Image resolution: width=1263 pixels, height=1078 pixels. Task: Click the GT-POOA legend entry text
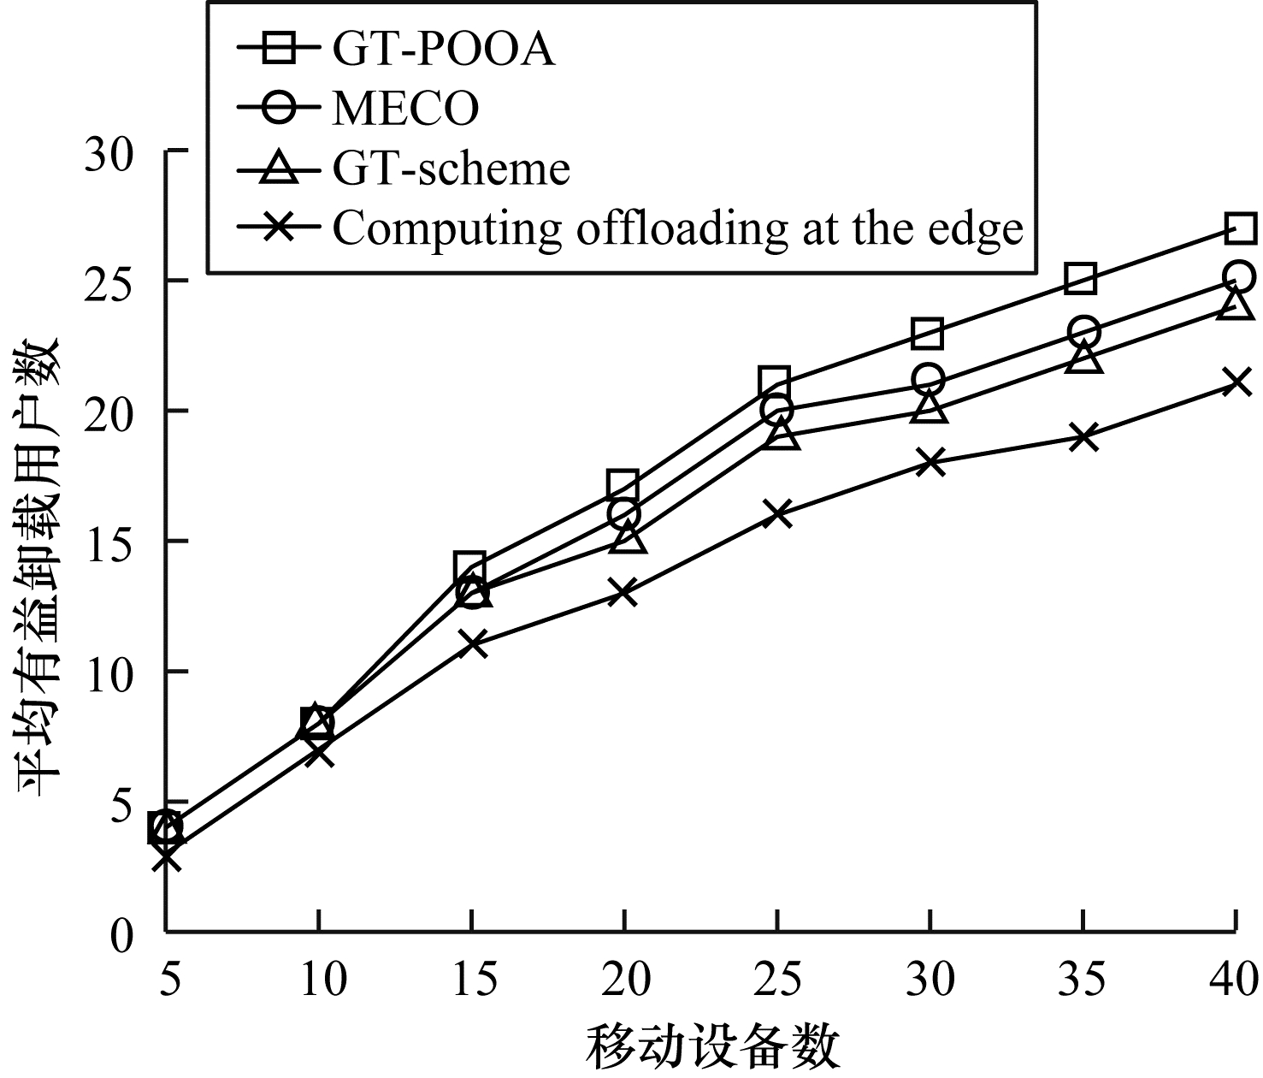coord(443,50)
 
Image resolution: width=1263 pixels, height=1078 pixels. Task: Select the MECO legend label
coord(405,109)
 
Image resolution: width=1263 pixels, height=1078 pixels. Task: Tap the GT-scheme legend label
coord(451,168)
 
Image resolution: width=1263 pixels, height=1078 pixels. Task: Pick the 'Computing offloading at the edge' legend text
coord(677,228)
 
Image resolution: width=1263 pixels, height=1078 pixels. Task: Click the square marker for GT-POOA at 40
coord(1240,228)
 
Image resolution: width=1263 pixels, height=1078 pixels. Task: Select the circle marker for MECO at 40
coord(1239,277)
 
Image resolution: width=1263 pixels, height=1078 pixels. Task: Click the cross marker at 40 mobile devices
coord(1236,382)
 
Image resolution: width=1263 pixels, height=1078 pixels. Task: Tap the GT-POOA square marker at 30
coord(927,333)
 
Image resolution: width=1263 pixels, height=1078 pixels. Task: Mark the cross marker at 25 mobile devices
coord(777,514)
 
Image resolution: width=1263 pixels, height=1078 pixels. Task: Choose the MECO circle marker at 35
coord(1083,331)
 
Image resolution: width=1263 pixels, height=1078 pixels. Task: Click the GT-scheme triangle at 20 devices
coord(626,538)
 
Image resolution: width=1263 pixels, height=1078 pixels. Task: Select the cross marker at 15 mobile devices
coord(472,643)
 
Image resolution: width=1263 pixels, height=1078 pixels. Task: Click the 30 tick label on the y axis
coord(110,151)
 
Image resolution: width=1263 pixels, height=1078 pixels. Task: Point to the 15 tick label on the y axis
coord(110,542)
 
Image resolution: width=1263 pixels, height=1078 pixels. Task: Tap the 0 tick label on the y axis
coord(123,932)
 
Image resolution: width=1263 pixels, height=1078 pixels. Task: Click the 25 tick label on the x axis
coord(777,978)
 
